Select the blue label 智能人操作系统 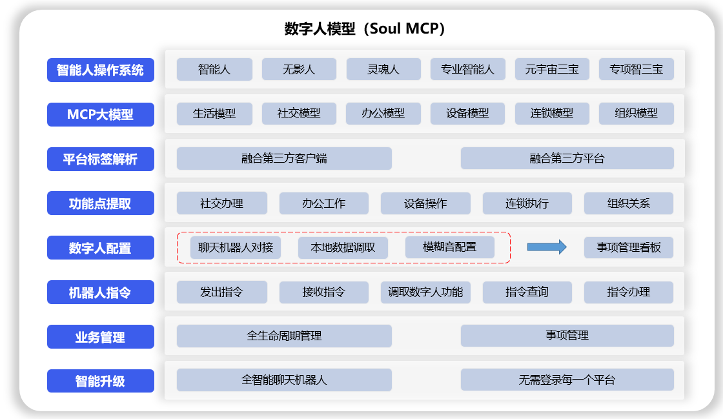[x=101, y=70]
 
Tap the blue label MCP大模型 [x=101, y=114]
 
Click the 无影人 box [x=299, y=69]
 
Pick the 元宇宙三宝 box [x=552, y=69]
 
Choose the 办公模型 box [x=383, y=114]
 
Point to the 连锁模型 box [x=552, y=114]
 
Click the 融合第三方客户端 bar [x=284, y=158]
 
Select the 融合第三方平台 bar [x=567, y=158]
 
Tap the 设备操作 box [x=425, y=203]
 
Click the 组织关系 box [x=629, y=203]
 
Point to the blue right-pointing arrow [x=547, y=247]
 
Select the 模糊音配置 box [x=450, y=247]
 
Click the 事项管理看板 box [x=629, y=247]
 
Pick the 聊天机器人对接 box [x=236, y=247]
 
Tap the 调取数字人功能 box [x=425, y=292]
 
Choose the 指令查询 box [x=527, y=292]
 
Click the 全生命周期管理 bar [x=284, y=336]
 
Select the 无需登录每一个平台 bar [x=567, y=380]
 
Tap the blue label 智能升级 [x=101, y=381]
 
